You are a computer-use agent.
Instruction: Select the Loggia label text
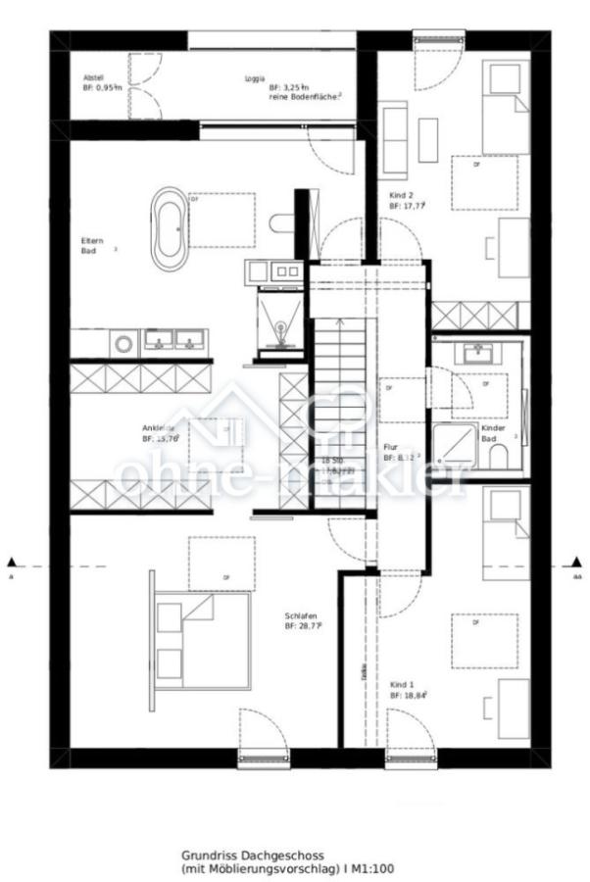click(257, 78)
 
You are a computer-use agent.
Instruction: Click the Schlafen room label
click(302, 619)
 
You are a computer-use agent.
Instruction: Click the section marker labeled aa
click(577, 563)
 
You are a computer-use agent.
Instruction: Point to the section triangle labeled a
click(12, 563)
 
